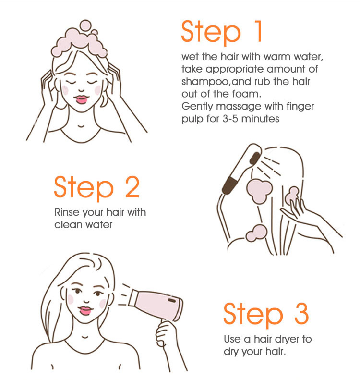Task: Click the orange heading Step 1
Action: pyautogui.click(x=222, y=32)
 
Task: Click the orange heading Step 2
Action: pyautogui.click(x=96, y=187)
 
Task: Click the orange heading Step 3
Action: pyautogui.click(x=266, y=314)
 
